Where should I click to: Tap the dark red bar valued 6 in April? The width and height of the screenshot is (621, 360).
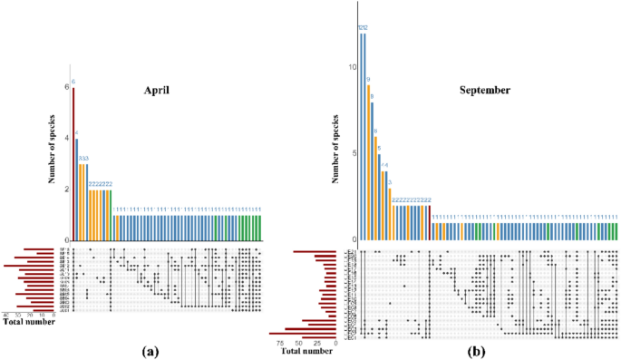click(73, 164)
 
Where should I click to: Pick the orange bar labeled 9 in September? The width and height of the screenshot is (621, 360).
click(368, 162)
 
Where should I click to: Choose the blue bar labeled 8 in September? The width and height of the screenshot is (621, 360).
click(373, 171)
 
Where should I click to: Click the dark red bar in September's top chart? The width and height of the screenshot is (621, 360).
click(429, 222)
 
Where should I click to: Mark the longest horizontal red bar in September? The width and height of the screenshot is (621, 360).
click(303, 334)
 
